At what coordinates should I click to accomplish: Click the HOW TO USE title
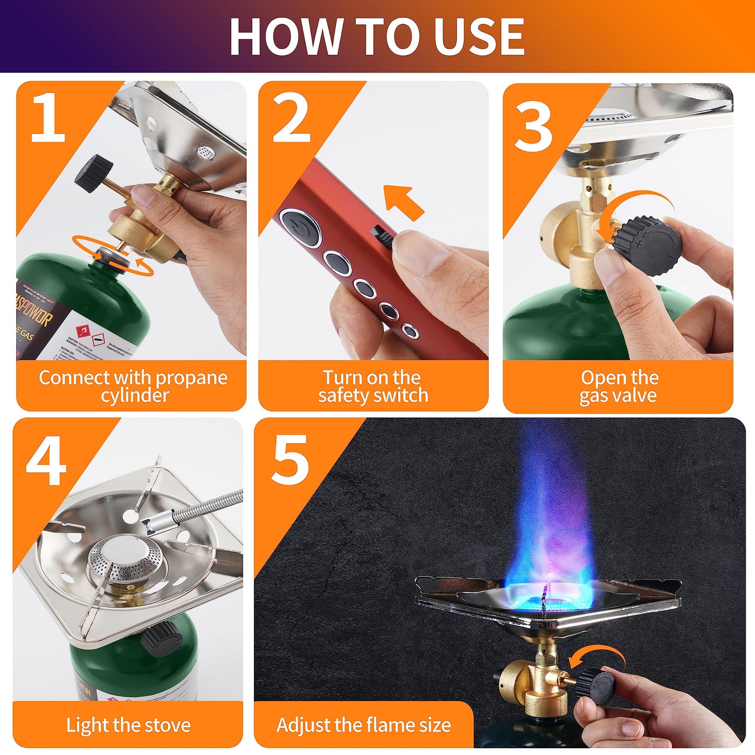coord(377,37)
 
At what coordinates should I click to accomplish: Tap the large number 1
coord(48,119)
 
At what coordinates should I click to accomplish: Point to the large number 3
coord(533,127)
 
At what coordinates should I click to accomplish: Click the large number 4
coord(46,462)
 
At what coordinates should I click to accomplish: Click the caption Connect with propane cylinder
coord(133,386)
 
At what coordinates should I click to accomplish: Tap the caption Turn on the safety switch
coord(373,386)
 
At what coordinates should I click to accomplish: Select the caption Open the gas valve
coord(619,386)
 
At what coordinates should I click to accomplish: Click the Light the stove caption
coord(129,725)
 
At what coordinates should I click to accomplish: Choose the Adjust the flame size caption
coord(364,725)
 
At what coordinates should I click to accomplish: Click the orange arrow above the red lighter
coord(403,202)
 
